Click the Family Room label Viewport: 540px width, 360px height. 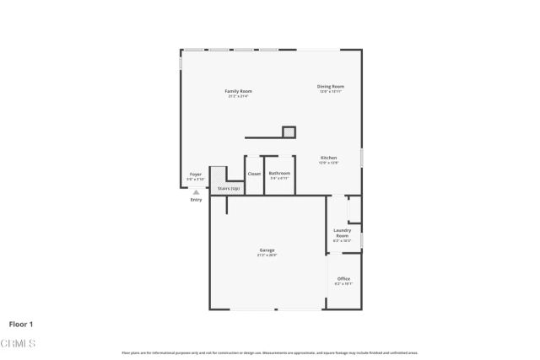pos(238,91)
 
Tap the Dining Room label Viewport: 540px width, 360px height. pos(331,86)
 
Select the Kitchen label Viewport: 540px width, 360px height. pos(329,158)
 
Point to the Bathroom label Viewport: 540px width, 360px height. pos(279,173)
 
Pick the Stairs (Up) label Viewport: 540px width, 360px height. pos(229,188)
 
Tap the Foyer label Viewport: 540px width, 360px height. pos(196,174)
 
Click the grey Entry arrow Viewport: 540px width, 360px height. pos(196,192)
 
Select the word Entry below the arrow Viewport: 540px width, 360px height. pos(196,200)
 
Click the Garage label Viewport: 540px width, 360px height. pos(267,250)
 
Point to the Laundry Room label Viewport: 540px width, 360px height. pos(343,233)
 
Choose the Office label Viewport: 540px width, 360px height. pos(343,278)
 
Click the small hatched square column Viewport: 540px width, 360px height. pos(289,132)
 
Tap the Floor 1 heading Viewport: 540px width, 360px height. pos(21,324)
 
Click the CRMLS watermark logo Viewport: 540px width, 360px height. pos(19,344)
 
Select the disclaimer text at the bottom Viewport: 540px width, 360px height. pos(270,352)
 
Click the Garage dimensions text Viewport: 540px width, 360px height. pos(267,255)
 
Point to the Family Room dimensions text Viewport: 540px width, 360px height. pos(238,96)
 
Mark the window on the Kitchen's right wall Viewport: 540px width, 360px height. pos(362,158)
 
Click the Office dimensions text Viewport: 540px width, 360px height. pos(343,284)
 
